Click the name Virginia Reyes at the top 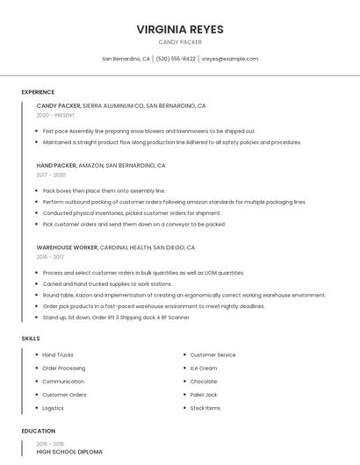180,29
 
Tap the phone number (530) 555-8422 176,59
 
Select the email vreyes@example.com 229,59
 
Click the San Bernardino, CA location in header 126,59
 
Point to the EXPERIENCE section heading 38,92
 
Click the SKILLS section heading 31,338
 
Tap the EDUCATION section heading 39,431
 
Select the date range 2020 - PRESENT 55,115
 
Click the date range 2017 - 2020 51,175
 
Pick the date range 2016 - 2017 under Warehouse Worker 50,257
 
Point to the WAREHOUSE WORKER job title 67,247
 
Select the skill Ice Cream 204,368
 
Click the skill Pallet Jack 205,395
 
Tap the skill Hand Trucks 58,354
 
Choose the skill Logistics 53,408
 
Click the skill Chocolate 204,382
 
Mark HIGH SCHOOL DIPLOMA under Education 69,452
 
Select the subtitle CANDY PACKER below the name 180,42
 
